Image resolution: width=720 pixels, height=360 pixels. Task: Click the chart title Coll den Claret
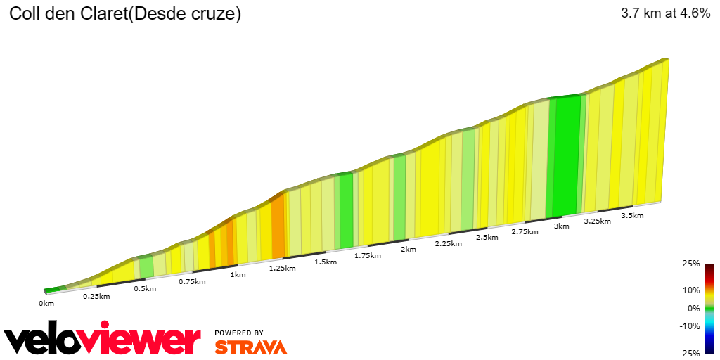point(124,14)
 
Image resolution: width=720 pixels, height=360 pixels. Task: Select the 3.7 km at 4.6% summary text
point(665,13)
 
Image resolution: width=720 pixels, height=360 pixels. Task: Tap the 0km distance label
point(46,304)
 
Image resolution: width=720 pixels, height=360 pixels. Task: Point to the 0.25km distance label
point(96,296)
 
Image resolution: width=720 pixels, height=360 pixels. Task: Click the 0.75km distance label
point(191,281)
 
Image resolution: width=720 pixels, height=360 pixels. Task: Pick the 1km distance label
point(238,274)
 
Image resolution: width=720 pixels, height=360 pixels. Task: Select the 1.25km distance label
point(283,268)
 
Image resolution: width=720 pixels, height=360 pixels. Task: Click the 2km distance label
point(408,250)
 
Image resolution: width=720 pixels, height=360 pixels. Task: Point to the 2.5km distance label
point(487,238)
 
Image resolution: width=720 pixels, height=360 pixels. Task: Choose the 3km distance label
point(561,226)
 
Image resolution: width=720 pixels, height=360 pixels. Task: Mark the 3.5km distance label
point(633,216)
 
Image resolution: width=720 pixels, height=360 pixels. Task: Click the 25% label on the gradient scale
point(691,264)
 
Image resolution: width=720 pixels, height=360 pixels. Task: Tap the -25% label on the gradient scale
point(690,353)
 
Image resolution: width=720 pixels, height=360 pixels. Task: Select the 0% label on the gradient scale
point(693,308)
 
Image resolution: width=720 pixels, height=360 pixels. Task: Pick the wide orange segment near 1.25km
point(278,226)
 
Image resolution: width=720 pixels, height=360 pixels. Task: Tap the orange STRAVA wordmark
point(250,347)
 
